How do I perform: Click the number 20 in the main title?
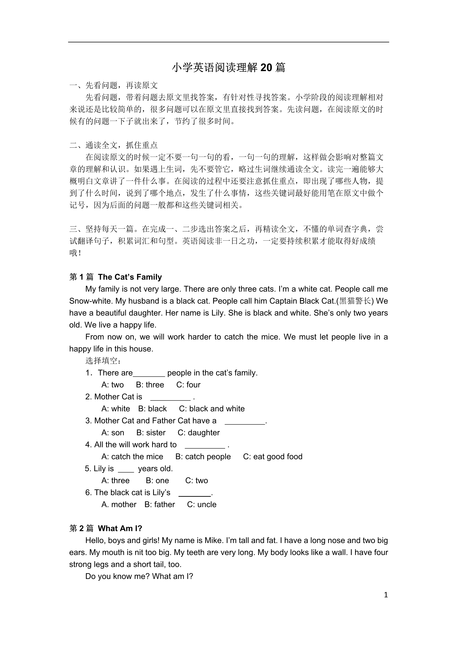pyautogui.click(x=266, y=68)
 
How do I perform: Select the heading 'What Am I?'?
pyautogui.click(x=120, y=528)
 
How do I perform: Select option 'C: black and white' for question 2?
pyautogui.click(x=212, y=409)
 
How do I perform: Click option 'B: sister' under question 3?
pyautogui.click(x=151, y=433)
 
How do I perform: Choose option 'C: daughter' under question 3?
pyautogui.click(x=198, y=433)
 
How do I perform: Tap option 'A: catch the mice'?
pyautogui.click(x=132, y=456)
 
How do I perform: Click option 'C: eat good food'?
pyautogui.click(x=272, y=456)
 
